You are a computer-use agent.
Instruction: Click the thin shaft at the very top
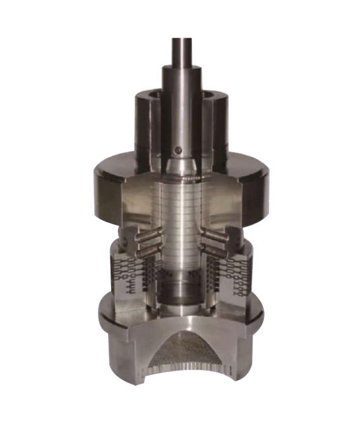pos(182,51)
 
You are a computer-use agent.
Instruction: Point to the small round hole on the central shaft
pos(177,150)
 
